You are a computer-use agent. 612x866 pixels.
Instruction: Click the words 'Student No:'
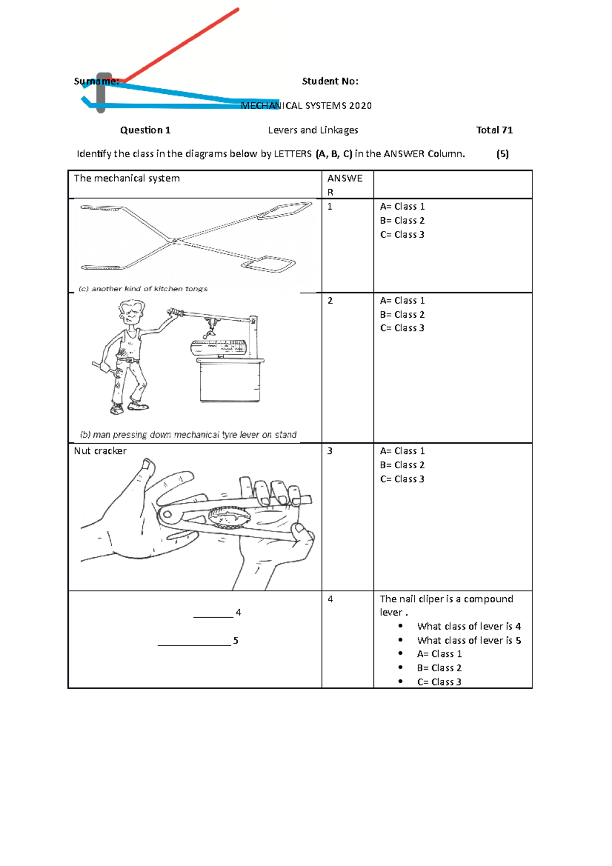pos(330,81)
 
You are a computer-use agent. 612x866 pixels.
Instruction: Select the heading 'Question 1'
pos(145,130)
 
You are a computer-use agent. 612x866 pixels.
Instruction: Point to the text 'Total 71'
pos(494,130)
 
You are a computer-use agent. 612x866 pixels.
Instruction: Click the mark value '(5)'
pos(502,154)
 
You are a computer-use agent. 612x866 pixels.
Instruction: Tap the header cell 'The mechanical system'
pos(127,179)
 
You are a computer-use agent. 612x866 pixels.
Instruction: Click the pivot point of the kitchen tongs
pos(175,240)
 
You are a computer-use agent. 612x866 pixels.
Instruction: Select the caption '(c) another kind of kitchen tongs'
pos(143,289)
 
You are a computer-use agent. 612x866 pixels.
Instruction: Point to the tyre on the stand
pos(218,348)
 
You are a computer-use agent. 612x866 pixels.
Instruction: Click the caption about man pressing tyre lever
pos(188,435)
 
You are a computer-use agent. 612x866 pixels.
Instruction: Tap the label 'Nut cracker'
pos(100,451)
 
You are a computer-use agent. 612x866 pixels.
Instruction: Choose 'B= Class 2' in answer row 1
pos(402,220)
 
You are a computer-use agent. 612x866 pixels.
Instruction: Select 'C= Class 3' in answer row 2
pos(402,328)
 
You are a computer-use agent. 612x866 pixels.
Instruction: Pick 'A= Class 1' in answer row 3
pos(402,451)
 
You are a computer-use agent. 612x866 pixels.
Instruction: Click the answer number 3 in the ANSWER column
pos(330,451)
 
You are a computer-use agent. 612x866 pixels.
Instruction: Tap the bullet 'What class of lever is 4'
pos(469,626)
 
